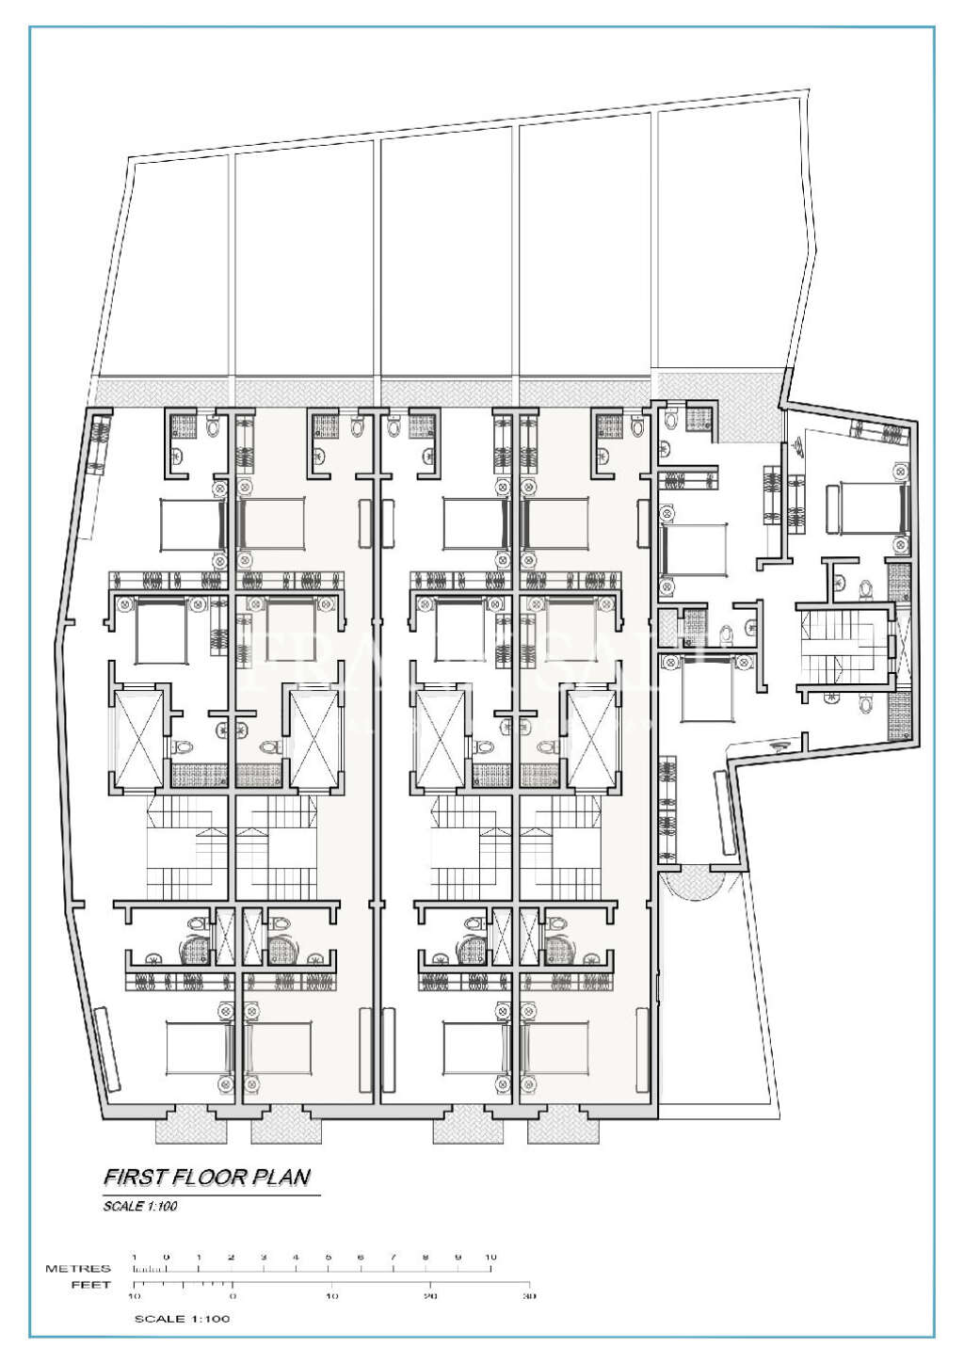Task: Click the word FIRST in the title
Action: [x=130, y=1177]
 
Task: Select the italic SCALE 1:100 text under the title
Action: [x=140, y=1206]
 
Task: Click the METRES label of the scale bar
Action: [x=78, y=1269]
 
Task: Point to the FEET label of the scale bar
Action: [x=91, y=1285]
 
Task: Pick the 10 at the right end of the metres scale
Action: [x=490, y=1258]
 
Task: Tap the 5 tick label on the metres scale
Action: [x=329, y=1258]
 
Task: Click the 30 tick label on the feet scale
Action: [x=529, y=1297]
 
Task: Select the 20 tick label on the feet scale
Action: [x=430, y=1297]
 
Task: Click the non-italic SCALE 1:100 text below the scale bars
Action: [x=182, y=1319]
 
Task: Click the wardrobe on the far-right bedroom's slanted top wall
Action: [x=880, y=431]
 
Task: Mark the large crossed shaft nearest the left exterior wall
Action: [x=137, y=736]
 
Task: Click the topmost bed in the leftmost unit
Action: [x=193, y=524]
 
